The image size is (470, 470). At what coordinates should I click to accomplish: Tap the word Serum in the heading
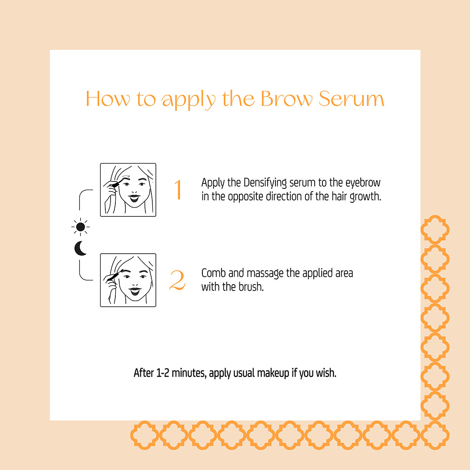coord(351,99)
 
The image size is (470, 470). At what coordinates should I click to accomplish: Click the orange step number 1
coord(178,190)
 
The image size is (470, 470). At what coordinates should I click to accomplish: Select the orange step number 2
coord(177,281)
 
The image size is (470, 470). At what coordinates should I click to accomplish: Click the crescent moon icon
coord(80,248)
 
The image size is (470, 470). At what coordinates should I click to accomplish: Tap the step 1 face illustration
coord(128,190)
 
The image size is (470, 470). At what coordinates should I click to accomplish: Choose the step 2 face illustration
coord(128,280)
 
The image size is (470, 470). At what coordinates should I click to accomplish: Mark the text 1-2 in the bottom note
coord(162,373)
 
